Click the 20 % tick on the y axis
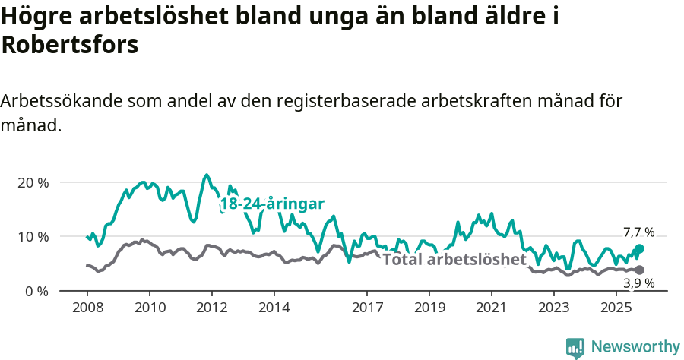tap(32, 183)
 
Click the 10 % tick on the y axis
tap(32, 237)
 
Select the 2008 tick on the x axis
tap(87, 308)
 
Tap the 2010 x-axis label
tap(149, 308)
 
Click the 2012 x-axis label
tap(211, 308)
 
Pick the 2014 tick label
tap(274, 308)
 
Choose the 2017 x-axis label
tap(367, 308)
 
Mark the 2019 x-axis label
tap(429, 308)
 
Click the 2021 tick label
tap(492, 308)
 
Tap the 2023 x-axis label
tap(554, 308)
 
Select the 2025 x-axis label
tap(616, 308)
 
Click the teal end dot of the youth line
tap(640, 248)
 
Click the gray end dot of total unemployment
tap(640, 270)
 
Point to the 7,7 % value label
tap(638, 232)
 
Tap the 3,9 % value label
tap(638, 283)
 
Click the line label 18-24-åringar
tap(272, 204)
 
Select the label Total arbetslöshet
tap(454, 260)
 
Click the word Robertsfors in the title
tap(70, 45)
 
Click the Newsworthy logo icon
tap(575, 347)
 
